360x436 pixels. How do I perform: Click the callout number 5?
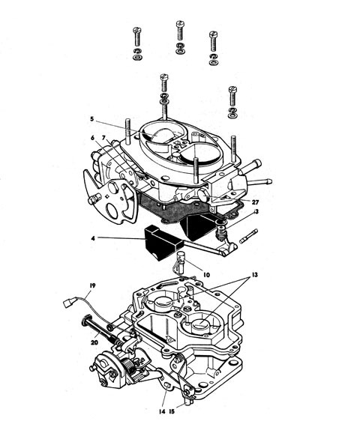92,119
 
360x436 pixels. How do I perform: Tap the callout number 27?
255,202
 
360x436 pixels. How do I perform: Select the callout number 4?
93,238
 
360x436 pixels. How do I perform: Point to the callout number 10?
206,275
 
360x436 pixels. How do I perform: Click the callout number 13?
255,275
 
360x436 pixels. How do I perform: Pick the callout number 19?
92,285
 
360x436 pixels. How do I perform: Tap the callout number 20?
94,342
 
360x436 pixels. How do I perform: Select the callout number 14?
162,411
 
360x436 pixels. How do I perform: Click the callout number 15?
172,411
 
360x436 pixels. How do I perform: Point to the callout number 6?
92,138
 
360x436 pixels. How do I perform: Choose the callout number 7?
103,138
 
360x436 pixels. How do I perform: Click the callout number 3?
256,211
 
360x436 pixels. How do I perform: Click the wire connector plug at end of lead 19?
67,303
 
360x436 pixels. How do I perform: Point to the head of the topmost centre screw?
181,23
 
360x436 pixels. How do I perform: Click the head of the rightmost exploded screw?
232,89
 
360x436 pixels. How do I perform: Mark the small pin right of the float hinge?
248,236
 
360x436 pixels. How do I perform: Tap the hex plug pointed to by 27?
203,196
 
